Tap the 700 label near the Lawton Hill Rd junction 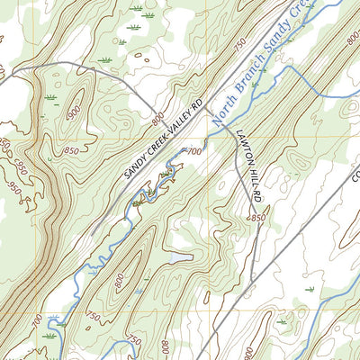point(193,151)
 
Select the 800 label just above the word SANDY point(158,118)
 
